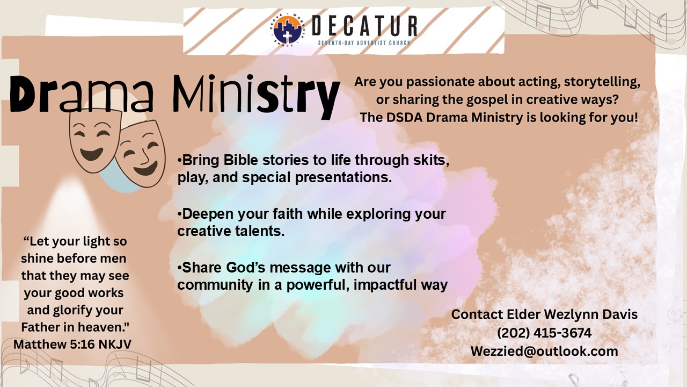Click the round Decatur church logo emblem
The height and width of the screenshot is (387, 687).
(287, 30)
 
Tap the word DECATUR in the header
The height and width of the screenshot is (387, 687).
(364, 26)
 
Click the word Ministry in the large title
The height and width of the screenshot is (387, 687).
(257, 96)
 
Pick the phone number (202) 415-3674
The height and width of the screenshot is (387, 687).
(544, 333)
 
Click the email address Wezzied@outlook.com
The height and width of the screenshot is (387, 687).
(544, 352)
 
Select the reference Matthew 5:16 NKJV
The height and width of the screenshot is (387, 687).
(72, 345)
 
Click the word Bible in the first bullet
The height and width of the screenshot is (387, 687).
(240, 160)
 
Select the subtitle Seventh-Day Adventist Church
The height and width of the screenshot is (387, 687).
(364, 42)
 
